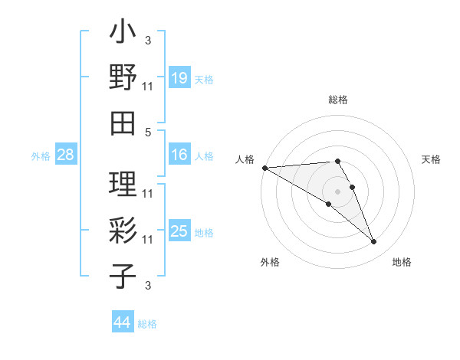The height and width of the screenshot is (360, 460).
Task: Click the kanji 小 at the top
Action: (x=123, y=33)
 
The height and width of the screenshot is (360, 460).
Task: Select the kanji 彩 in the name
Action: (x=123, y=230)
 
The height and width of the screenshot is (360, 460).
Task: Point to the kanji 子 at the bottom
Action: (x=123, y=276)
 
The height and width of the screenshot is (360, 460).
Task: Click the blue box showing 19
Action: (x=179, y=77)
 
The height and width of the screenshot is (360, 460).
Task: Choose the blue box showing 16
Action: (x=179, y=155)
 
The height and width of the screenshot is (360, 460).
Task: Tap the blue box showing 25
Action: (x=179, y=231)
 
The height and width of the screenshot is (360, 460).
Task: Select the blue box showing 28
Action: (x=66, y=155)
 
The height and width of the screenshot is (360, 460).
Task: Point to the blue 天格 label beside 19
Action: (x=204, y=79)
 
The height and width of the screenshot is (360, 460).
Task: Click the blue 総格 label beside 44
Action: (x=147, y=324)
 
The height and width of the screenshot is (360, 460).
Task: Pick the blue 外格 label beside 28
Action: (x=41, y=156)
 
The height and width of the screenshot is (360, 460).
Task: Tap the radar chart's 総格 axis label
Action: (x=337, y=100)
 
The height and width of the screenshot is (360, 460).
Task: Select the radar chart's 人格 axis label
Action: (x=245, y=159)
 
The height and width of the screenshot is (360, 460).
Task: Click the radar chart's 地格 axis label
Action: (x=402, y=262)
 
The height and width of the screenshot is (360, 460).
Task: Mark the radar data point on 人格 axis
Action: (x=264, y=167)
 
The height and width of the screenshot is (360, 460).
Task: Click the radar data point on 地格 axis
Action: (x=374, y=241)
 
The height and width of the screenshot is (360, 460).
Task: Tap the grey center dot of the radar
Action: (x=337, y=191)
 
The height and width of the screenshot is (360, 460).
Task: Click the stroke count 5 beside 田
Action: (x=148, y=132)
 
